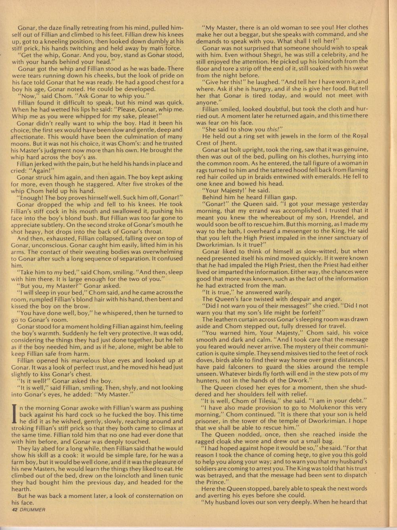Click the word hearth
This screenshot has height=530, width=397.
pyautogui.click(x=21, y=489)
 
